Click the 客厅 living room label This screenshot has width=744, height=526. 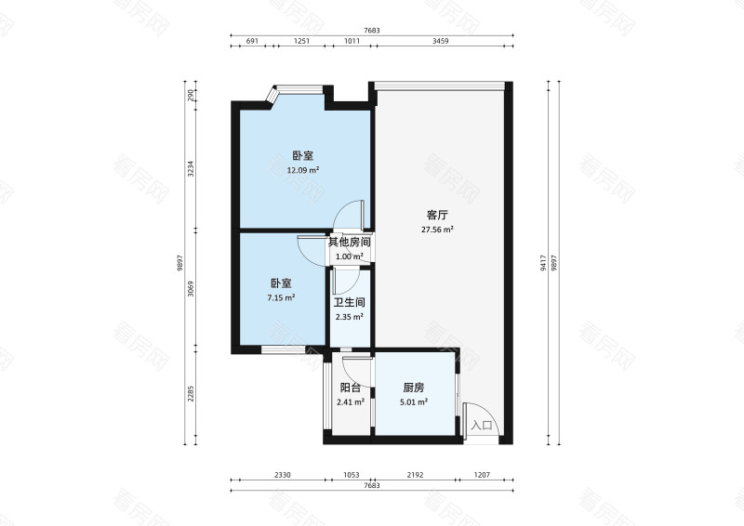pos(437,216)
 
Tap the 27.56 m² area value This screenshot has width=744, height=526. pos(437,230)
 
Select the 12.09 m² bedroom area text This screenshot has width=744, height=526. pos(303,170)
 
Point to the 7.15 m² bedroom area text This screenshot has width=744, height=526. pos(281,298)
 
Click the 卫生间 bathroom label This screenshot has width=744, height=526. pos(350,303)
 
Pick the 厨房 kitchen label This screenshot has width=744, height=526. pos(413,388)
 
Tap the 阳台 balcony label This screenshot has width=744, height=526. pos(351,388)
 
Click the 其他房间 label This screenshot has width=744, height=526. pos(350,243)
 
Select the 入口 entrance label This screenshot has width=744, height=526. pos(482,425)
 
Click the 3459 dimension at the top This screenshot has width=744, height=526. pos(440,41)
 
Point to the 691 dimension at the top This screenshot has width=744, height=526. pos(252,41)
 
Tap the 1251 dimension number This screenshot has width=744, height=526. pos(301,41)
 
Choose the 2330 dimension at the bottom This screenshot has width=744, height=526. pos(283,474)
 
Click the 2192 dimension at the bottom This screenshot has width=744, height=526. pos(415,474)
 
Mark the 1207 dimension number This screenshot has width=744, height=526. pos(482,474)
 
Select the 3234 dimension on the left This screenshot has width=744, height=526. pos(191,169)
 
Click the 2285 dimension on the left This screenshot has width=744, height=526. pos(191,394)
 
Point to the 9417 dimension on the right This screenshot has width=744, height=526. pos(543,263)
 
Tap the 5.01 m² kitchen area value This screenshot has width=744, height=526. pos(414,402)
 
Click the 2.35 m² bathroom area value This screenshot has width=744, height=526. pos(350,317)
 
